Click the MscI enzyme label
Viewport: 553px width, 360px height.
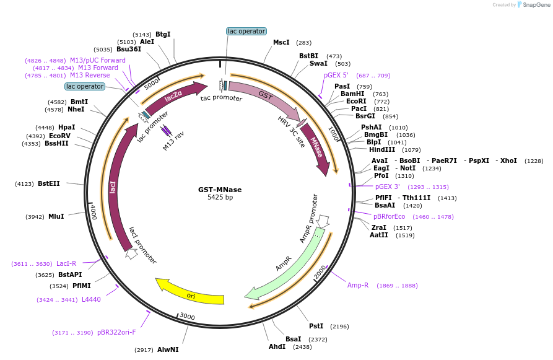click(x=281, y=43)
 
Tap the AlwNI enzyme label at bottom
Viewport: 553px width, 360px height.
click(x=168, y=350)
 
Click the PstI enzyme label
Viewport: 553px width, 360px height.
click(x=316, y=326)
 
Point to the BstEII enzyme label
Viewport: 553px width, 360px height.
click(x=49, y=183)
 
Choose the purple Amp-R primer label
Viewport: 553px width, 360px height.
click(x=358, y=285)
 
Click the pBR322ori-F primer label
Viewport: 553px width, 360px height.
click(x=116, y=332)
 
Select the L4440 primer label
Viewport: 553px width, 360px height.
click(x=86, y=299)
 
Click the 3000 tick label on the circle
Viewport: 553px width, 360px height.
click(x=188, y=317)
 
